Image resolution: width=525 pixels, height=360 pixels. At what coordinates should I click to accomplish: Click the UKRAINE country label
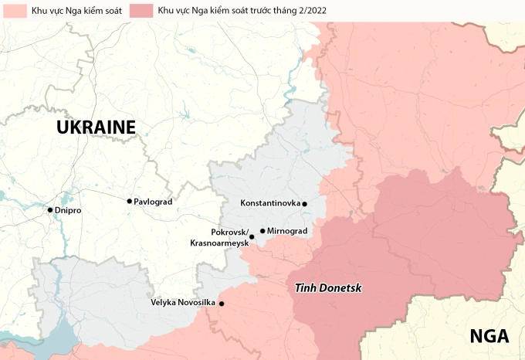(96, 127)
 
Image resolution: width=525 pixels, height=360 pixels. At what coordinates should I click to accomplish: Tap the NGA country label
(489, 337)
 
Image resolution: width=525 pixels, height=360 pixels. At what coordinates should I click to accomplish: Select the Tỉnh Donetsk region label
(328, 288)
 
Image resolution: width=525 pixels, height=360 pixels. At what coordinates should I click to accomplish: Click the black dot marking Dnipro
(50, 210)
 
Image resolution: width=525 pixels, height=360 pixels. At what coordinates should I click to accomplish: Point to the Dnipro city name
(69, 210)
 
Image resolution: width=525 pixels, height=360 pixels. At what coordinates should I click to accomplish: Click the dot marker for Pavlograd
(130, 201)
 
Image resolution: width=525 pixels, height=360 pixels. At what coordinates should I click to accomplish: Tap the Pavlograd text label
(153, 202)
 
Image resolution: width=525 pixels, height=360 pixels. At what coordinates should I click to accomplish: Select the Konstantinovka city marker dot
(305, 204)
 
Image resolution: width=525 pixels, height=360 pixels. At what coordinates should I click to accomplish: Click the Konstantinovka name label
(270, 204)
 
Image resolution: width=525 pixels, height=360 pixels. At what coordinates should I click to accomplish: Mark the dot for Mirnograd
(262, 231)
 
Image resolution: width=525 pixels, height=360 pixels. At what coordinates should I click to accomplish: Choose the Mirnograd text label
(287, 231)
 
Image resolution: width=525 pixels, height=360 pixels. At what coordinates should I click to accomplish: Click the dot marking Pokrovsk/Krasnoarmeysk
(252, 237)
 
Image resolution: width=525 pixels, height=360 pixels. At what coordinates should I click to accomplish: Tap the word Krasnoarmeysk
(219, 243)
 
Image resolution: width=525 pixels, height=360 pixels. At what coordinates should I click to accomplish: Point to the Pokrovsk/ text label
(229, 233)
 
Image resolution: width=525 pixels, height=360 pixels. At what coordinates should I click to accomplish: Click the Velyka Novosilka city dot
(222, 304)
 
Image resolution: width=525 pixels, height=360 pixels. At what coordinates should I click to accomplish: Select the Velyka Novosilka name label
(183, 302)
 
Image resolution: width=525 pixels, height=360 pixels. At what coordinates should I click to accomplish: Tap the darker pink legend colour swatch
(141, 11)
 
